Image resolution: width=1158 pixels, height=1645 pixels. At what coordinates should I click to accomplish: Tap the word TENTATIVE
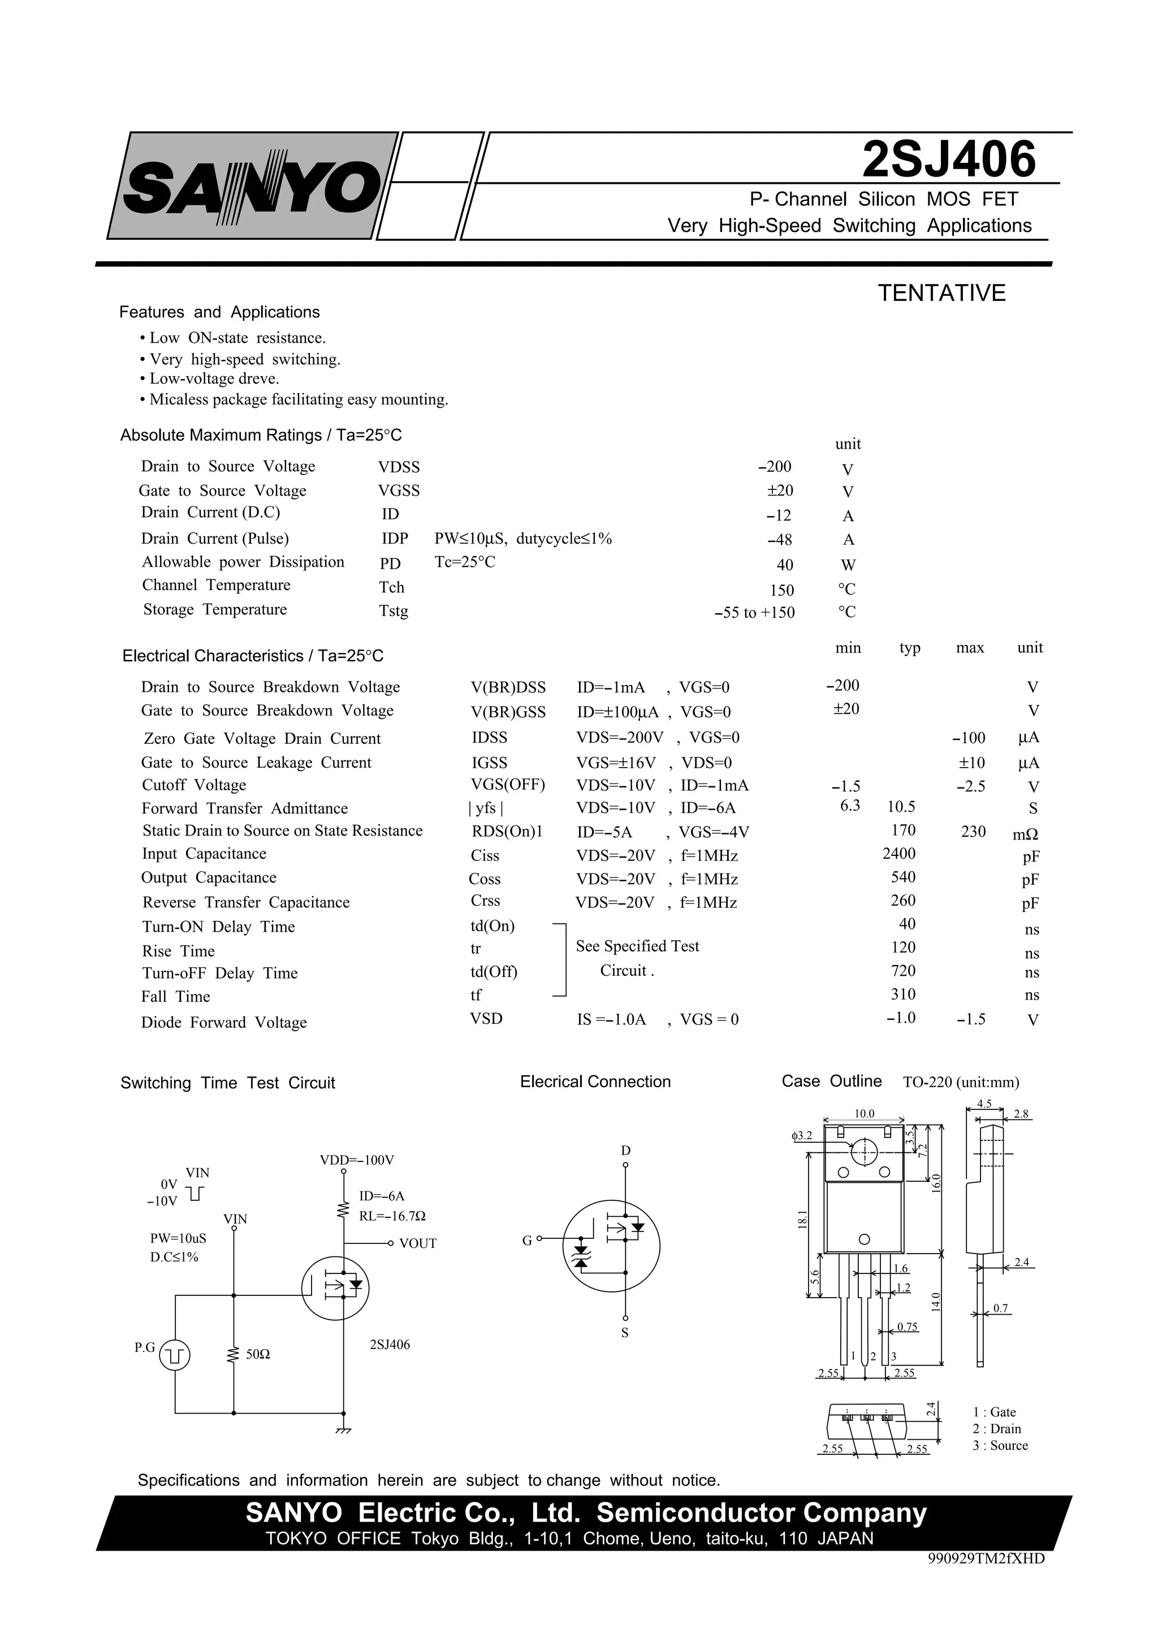coord(942,293)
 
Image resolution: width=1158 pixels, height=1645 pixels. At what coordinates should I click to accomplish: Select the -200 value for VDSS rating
coord(774,467)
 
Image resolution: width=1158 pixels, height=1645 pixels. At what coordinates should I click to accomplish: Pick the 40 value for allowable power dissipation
coord(785,565)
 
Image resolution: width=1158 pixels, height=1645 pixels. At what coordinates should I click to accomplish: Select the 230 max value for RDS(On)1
coord(973,831)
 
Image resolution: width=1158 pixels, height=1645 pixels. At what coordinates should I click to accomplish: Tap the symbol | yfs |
coord(486,808)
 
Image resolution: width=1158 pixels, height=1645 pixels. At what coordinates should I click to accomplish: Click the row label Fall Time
coord(175,997)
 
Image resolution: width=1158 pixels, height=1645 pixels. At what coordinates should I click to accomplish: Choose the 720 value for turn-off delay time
coord(903,971)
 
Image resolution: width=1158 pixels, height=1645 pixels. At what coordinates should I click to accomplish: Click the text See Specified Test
coord(637,946)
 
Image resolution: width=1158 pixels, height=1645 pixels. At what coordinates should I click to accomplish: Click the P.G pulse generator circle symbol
coord(175,1355)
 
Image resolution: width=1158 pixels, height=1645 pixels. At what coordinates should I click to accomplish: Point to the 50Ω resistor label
coord(258,1354)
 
